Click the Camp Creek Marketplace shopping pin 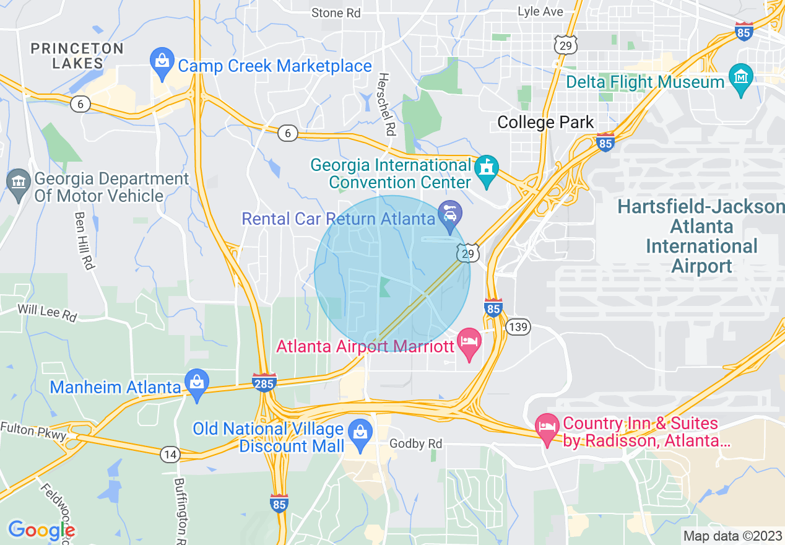(x=162, y=64)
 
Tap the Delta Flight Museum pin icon (x=741, y=79)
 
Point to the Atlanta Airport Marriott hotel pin (x=469, y=344)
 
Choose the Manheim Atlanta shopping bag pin (x=197, y=385)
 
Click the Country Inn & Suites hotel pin (x=547, y=429)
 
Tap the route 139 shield (x=518, y=327)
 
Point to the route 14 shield (x=170, y=455)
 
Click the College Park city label (x=545, y=123)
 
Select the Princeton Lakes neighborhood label (x=68, y=56)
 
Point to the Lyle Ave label (x=540, y=12)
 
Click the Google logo (x=41, y=530)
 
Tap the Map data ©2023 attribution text (x=732, y=535)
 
